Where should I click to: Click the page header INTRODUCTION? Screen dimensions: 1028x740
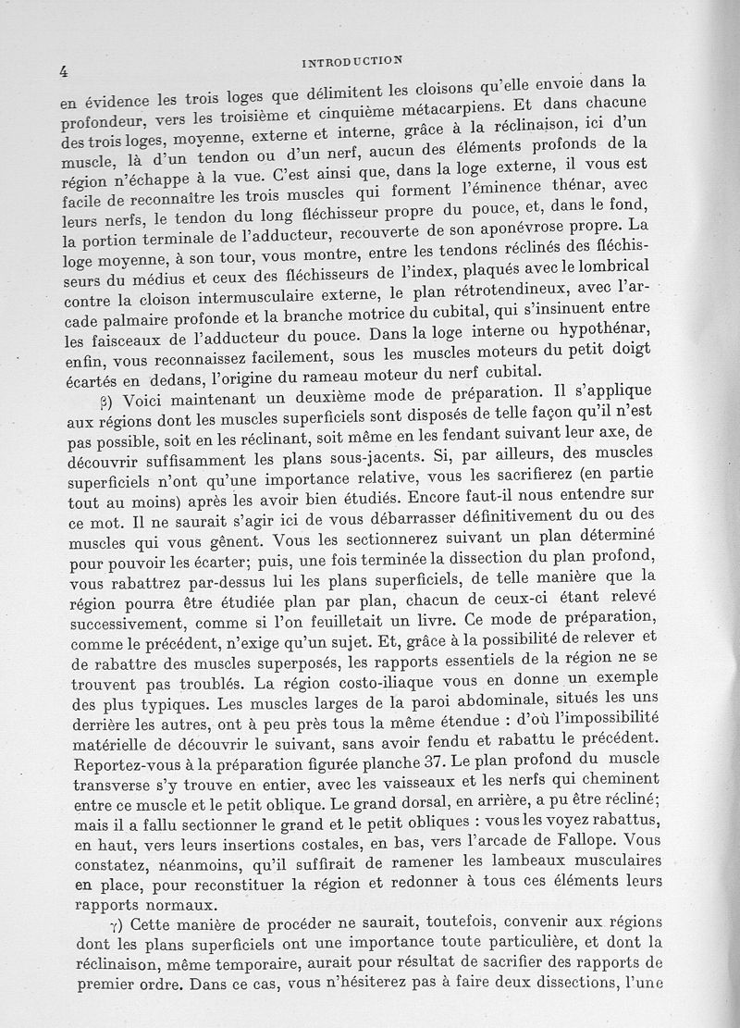[351, 62]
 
